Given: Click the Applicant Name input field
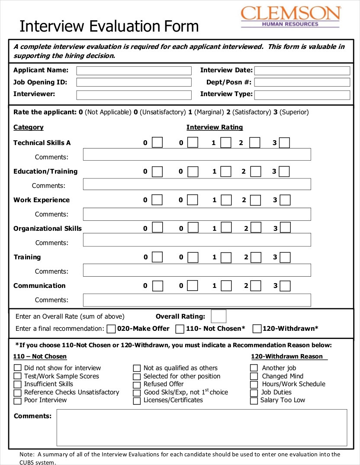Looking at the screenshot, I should tap(134, 71).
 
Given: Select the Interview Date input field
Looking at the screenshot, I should tap(302, 71).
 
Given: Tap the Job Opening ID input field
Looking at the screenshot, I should tap(134, 82).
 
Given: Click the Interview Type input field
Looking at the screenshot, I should tap(302, 95).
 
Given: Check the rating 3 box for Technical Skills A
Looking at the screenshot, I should tap(284, 143).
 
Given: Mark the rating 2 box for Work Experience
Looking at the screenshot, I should tap(256, 200).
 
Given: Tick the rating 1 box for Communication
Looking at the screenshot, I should tap(226, 286).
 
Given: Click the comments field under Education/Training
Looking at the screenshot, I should tap(197, 184).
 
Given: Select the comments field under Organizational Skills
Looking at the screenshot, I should tap(197, 240).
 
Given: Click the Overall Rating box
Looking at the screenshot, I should tap(219, 316).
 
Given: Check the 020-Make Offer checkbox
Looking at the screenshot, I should tap(111, 329).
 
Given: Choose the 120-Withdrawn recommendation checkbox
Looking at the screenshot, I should tap(257, 329).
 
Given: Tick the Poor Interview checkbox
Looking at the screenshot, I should tap(17, 401).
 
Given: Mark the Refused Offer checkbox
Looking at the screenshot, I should tap(137, 385).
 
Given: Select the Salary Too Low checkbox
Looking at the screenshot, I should tap(254, 401).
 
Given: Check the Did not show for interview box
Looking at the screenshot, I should tap(17, 368).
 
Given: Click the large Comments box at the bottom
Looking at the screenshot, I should tap(202, 427).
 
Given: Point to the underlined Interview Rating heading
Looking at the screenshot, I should tap(215, 127).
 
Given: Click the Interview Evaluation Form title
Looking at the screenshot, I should tap(109, 26).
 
